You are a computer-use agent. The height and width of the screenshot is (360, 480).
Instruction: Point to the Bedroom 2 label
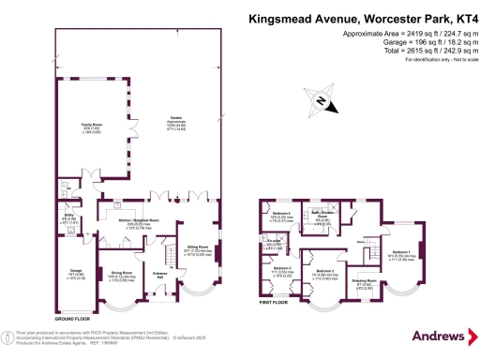click(x=324, y=271)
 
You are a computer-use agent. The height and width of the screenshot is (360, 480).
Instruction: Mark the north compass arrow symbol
click(x=322, y=103)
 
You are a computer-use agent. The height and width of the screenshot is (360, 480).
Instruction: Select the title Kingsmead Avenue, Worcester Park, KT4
click(x=362, y=17)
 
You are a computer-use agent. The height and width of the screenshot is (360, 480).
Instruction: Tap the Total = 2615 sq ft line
click(x=426, y=50)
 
